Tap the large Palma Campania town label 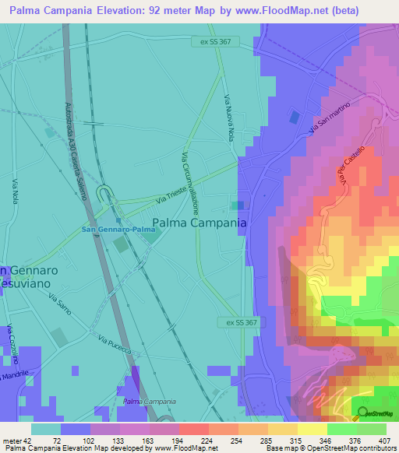tap(199, 223)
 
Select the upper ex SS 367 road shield tap(216, 42)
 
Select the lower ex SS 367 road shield tap(236, 322)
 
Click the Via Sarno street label tap(59, 304)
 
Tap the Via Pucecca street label tap(112, 341)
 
